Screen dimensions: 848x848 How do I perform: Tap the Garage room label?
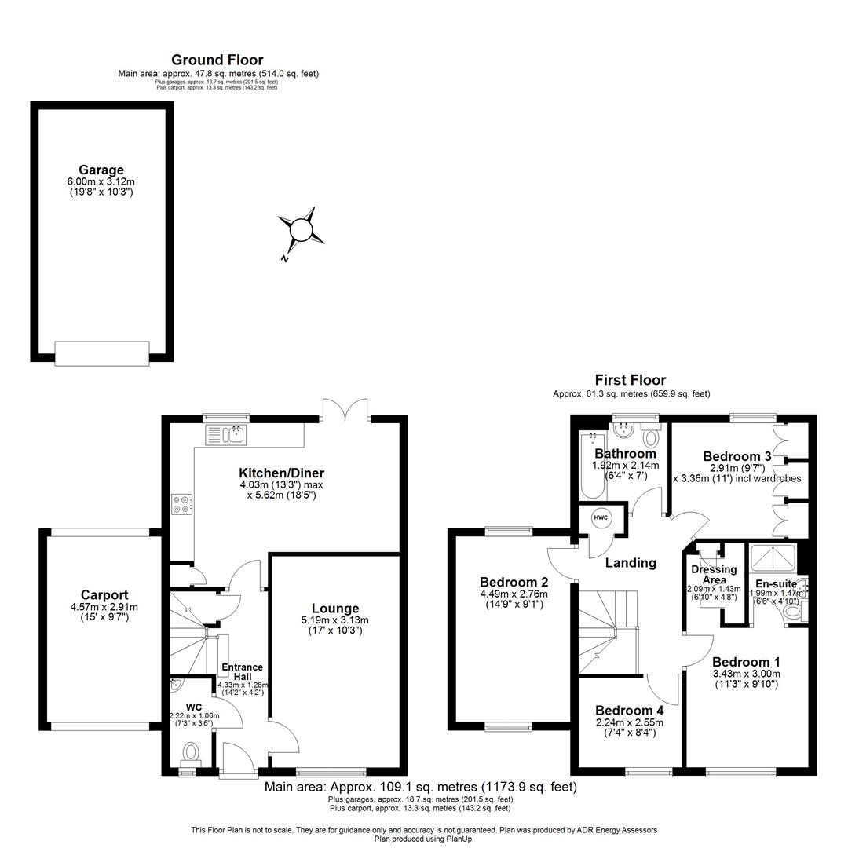click(101, 170)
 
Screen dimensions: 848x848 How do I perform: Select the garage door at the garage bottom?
click(102, 353)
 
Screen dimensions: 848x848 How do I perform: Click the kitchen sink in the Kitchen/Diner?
click(226, 434)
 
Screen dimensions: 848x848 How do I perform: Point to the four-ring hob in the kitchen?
click(181, 503)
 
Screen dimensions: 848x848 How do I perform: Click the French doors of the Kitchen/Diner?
click(345, 410)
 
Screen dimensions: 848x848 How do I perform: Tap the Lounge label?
click(335, 608)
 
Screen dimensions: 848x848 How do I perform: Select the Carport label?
click(104, 595)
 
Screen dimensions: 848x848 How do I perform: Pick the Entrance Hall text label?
click(242, 672)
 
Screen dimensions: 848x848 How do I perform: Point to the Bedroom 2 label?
click(514, 582)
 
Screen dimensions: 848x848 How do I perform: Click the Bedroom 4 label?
click(629, 711)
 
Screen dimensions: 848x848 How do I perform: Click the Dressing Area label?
click(714, 575)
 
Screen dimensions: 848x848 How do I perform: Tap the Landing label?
click(631, 562)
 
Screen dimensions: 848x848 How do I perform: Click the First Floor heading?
click(631, 380)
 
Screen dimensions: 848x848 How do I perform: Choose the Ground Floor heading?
click(217, 60)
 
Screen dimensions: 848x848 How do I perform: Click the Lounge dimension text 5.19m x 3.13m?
click(335, 620)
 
